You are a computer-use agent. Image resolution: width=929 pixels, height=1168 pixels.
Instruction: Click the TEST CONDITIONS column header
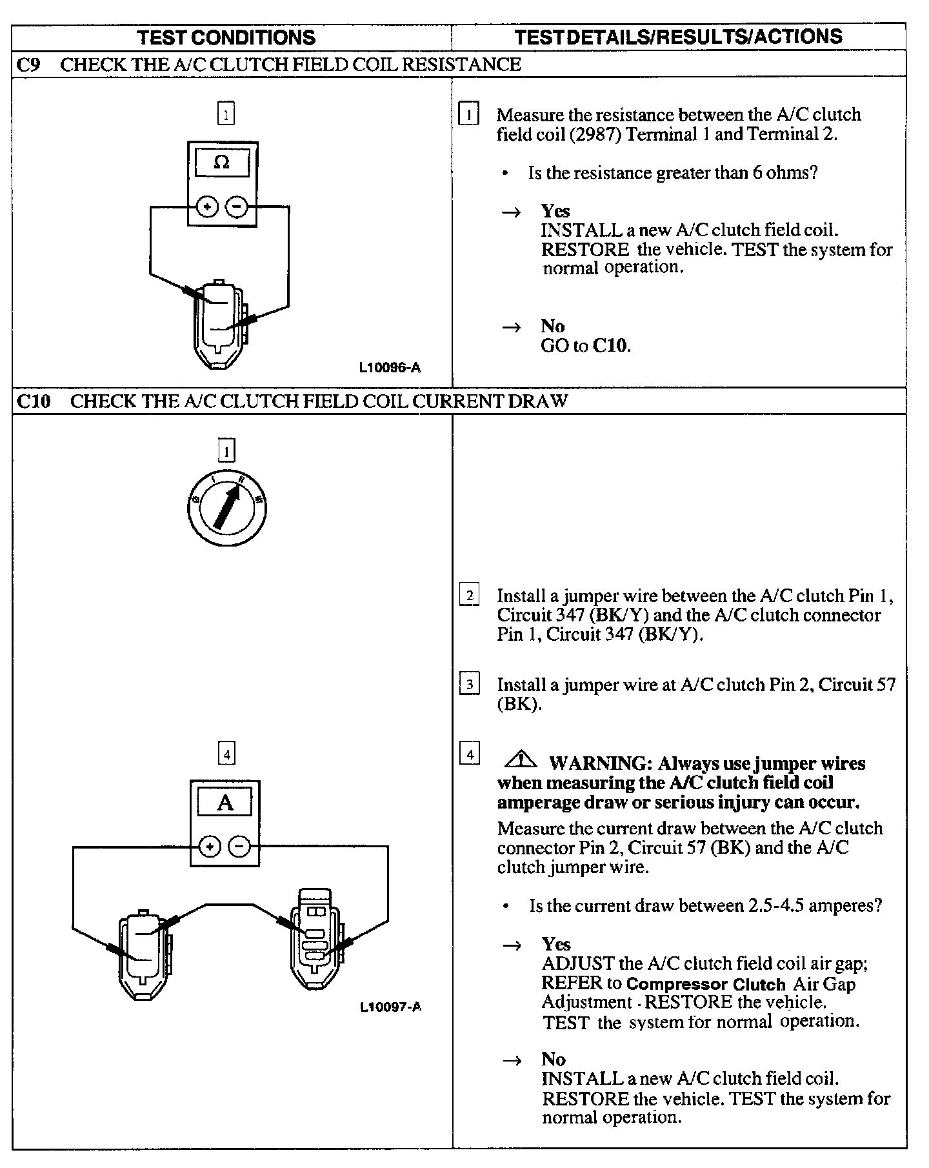point(226,37)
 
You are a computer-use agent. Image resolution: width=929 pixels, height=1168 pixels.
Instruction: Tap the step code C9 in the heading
point(28,65)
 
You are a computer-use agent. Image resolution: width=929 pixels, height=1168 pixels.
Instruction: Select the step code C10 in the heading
point(33,401)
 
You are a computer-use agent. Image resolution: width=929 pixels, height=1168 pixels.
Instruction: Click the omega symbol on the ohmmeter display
point(221,162)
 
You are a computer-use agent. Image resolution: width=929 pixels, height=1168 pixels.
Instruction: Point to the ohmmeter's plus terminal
point(206,207)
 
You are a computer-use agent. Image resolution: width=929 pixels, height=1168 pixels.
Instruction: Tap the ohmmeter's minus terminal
point(237,207)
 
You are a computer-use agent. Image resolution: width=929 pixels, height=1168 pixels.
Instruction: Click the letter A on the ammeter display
point(225,803)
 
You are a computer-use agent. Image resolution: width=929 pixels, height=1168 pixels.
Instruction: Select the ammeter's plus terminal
point(210,847)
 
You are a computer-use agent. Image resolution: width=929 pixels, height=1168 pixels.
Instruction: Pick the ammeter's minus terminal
point(239,847)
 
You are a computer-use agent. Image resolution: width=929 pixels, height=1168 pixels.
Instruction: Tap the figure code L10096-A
point(390,368)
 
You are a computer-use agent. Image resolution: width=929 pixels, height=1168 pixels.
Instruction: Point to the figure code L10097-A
point(390,1007)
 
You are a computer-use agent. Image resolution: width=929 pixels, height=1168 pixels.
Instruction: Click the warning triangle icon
point(521,760)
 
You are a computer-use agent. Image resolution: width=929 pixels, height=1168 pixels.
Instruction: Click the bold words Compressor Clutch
point(706,984)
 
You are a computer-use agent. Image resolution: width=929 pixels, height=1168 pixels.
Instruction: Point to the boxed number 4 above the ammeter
point(226,753)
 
